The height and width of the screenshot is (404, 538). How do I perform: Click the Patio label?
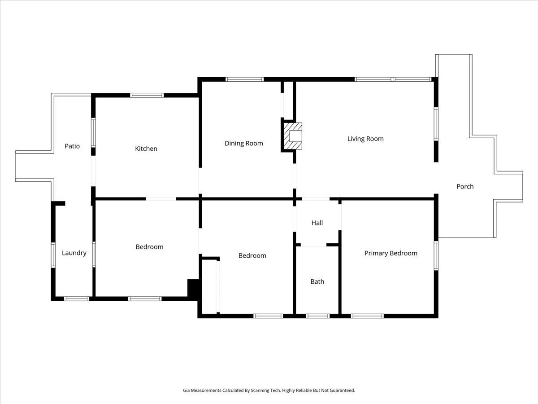pos(72,146)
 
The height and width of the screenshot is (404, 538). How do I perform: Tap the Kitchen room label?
pos(146,149)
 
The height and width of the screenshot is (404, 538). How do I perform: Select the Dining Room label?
pos(243,143)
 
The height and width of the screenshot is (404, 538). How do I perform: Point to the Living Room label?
pos(365,139)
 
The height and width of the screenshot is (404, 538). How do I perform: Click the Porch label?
pos(465,186)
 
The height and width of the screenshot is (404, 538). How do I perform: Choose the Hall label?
pos(317,223)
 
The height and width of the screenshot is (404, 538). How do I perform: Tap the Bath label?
pos(317,281)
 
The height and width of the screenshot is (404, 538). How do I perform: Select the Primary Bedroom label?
pos(390,253)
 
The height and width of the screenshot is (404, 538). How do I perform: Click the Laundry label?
pos(74,253)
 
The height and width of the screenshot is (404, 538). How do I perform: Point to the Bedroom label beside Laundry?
pos(149,246)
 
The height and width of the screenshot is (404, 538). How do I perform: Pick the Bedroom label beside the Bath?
pos(252,255)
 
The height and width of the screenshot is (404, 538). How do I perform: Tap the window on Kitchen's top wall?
pos(147,95)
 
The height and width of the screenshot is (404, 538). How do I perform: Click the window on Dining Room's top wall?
pos(244,79)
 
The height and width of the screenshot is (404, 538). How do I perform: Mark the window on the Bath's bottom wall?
pos(318,316)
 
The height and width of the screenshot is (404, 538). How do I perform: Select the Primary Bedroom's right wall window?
pos(436,256)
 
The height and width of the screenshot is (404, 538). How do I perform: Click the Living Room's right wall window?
pos(436,124)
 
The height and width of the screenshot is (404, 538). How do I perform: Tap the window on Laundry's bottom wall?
pos(77,299)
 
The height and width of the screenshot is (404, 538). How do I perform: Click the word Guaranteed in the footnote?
pos(339,391)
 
